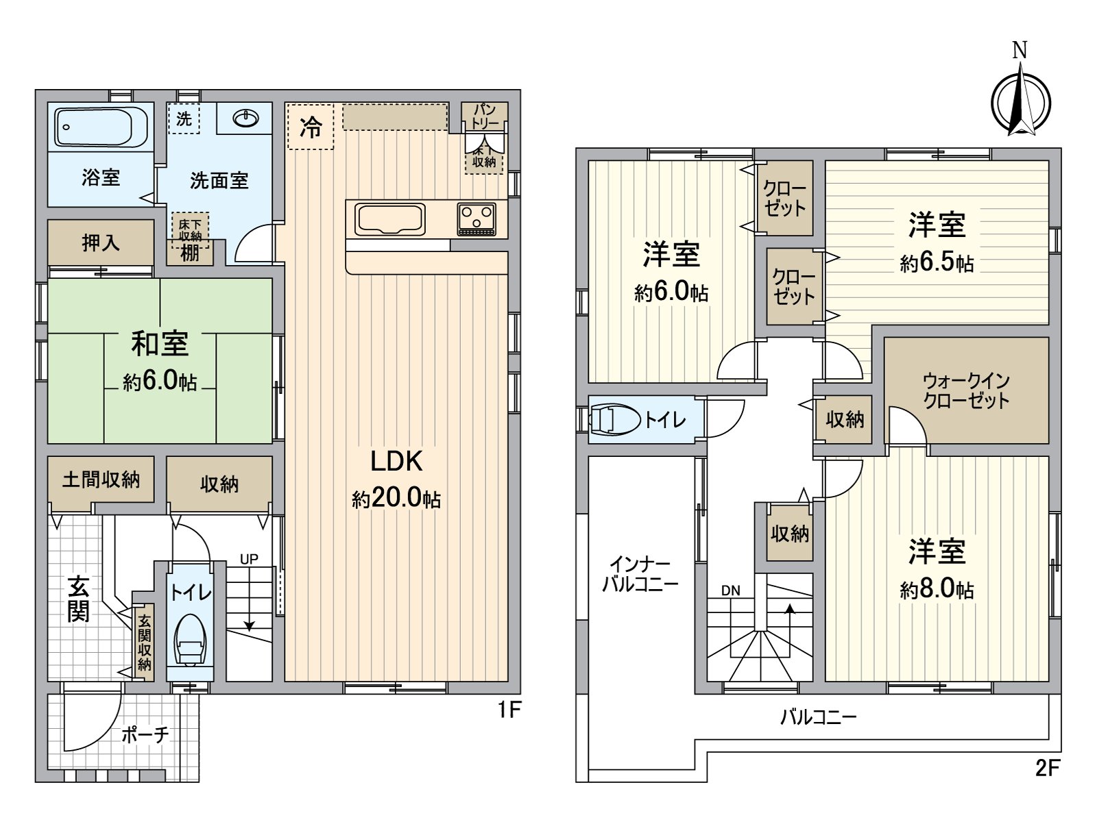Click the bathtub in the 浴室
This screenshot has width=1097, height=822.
click(101, 126)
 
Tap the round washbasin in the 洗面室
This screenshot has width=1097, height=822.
click(246, 119)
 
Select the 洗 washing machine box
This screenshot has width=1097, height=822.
click(184, 119)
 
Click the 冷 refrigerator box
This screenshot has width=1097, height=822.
click(311, 127)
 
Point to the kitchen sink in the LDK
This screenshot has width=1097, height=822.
click(390, 219)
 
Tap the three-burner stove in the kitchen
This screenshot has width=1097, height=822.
click(477, 219)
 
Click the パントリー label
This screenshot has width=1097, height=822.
click(485, 116)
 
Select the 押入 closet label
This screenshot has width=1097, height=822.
click(101, 242)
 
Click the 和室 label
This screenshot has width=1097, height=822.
click(160, 344)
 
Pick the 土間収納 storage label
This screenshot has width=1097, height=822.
click(101, 480)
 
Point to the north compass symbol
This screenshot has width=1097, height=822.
click(1020, 93)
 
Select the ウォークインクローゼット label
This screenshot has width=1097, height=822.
click(966, 391)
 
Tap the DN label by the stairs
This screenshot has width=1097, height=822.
click(731, 591)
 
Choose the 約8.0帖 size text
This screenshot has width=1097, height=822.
click(937, 590)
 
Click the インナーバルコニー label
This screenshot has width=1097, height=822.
click(640, 575)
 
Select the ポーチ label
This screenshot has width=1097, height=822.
click(145, 734)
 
